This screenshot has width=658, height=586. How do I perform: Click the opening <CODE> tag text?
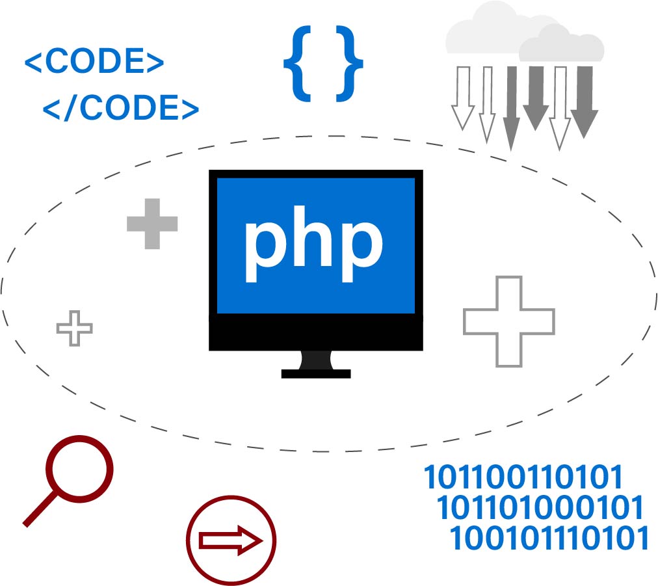click(x=94, y=61)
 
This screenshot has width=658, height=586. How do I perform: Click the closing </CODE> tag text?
click(x=121, y=107)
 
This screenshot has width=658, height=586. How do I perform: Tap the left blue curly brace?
click(x=298, y=64)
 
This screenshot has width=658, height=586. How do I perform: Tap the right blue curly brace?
click(x=350, y=64)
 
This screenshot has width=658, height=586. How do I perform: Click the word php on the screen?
click(x=314, y=243)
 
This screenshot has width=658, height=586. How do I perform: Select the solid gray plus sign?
click(x=152, y=224)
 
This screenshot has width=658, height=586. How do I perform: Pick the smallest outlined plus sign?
click(x=75, y=328)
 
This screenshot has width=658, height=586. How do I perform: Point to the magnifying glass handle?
click(x=40, y=509)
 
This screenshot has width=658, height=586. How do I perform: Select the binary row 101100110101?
click(x=523, y=477)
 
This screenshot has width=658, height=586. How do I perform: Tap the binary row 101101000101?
click(x=540, y=507)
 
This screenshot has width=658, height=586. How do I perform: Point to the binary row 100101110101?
click(x=549, y=538)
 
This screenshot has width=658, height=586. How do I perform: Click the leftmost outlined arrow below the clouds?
click(x=463, y=98)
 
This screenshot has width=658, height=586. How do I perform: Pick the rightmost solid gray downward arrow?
click(x=584, y=102)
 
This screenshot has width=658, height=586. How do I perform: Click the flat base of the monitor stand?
click(x=316, y=374)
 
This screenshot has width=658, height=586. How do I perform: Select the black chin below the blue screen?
click(x=316, y=332)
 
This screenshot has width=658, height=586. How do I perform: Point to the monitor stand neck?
click(x=316, y=360)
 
